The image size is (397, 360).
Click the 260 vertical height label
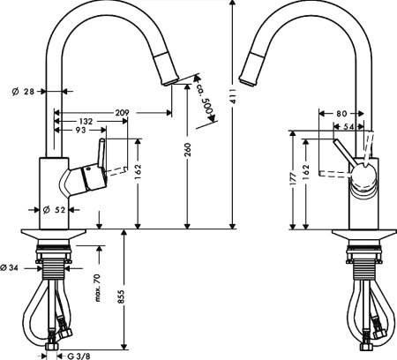pos(187,152)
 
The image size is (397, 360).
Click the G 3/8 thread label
pos(79,355)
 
